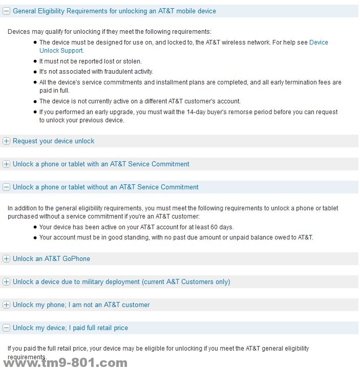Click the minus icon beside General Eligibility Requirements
7,11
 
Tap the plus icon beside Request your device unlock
7,141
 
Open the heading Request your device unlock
53,141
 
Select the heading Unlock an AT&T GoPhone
51,259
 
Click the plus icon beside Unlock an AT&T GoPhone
7,259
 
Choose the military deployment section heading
121,282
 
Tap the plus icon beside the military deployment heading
7,282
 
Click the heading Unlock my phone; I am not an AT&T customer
81,305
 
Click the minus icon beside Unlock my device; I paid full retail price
7,328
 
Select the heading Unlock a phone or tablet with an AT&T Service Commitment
101,164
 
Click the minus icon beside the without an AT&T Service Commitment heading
7,187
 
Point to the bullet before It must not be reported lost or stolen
35,61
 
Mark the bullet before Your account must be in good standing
35,237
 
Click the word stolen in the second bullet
131,61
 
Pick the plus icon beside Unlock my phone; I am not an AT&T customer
7,305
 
